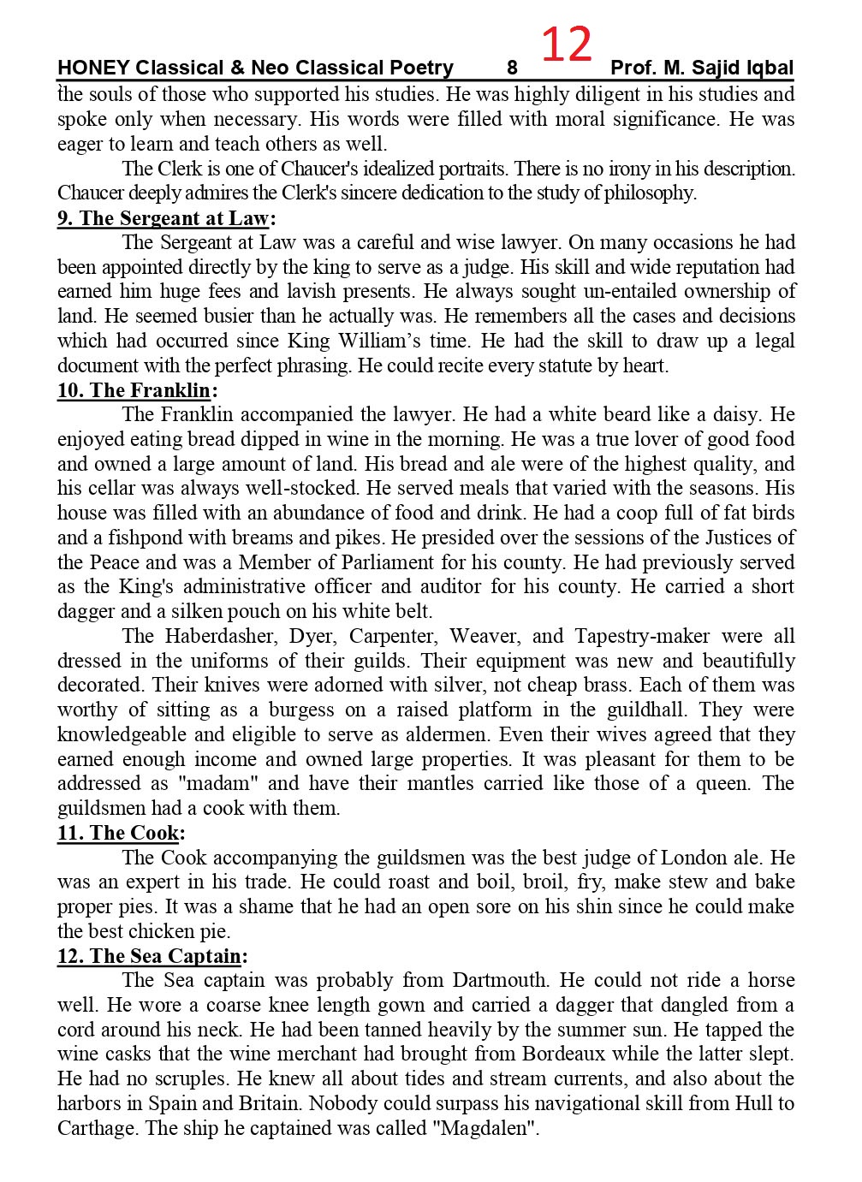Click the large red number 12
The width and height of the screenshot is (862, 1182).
tap(567, 45)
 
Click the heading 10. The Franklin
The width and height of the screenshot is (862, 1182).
tap(134, 391)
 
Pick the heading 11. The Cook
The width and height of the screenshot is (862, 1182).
tap(118, 833)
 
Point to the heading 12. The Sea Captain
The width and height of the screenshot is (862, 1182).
tap(149, 956)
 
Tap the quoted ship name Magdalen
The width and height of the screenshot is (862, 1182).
tap(485, 1127)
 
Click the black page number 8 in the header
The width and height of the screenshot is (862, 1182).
tap(512, 68)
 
